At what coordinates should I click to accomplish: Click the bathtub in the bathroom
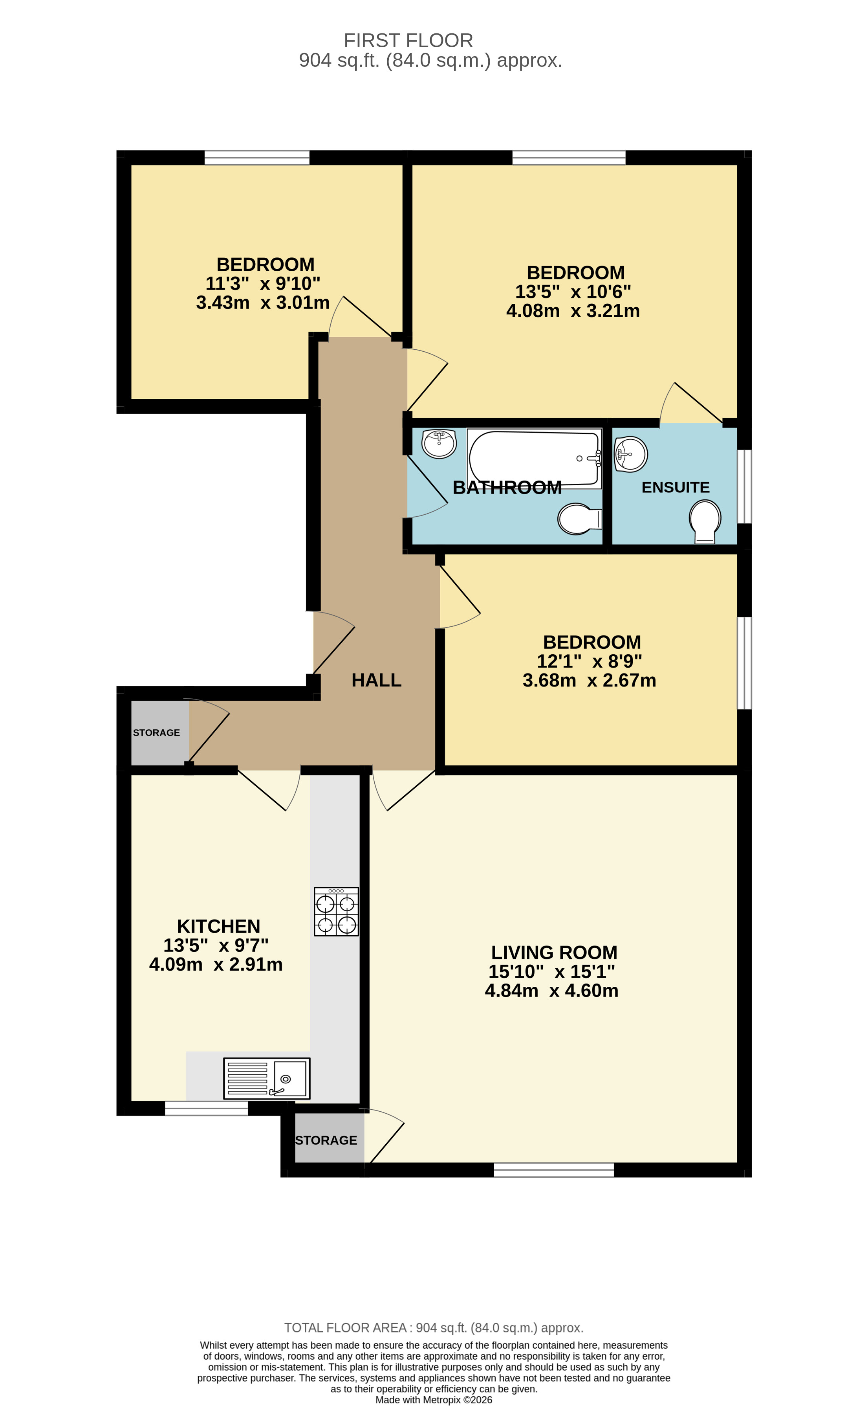click(534, 458)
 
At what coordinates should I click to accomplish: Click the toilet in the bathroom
click(579, 519)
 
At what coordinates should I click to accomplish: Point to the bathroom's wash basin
click(439, 443)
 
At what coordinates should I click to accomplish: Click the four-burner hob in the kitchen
click(337, 912)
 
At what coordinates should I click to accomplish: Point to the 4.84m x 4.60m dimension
click(552, 991)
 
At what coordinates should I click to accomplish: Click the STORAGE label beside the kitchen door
click(156, 732)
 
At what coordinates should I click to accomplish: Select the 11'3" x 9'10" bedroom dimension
click(263, 283)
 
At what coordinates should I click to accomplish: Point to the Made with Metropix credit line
click(434, 1400)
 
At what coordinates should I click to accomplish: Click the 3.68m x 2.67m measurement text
click(589, 680)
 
